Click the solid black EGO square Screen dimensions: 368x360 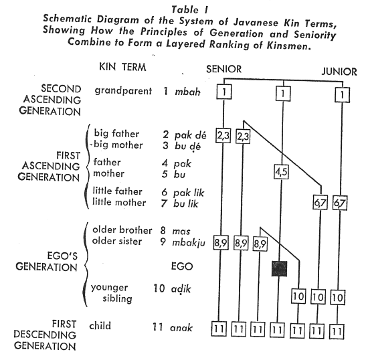[279, 268]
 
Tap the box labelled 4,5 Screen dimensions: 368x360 [281, 172]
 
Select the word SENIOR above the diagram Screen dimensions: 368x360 [224, 69]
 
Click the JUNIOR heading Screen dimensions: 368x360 [339, 72]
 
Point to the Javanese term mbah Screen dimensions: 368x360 [187, 92]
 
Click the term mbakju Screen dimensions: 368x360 [189, 243]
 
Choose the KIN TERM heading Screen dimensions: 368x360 [122, 67]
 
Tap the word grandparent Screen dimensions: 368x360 [123, 91]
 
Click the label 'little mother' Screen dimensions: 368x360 [119, 202]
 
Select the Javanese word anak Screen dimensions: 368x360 [181, 328]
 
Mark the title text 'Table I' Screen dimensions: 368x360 [189, 10]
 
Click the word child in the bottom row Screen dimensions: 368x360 [100, 326]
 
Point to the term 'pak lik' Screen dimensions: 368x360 [189, 193]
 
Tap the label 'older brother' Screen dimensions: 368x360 [122, 230]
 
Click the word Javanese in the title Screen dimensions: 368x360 [256, 23]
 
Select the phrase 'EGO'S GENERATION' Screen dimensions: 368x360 [46, 262]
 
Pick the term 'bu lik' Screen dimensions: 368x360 [186, 203]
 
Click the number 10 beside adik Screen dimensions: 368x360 [159, 288]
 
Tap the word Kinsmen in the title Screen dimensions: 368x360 [288, 45]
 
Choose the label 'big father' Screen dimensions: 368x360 [116, 133]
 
